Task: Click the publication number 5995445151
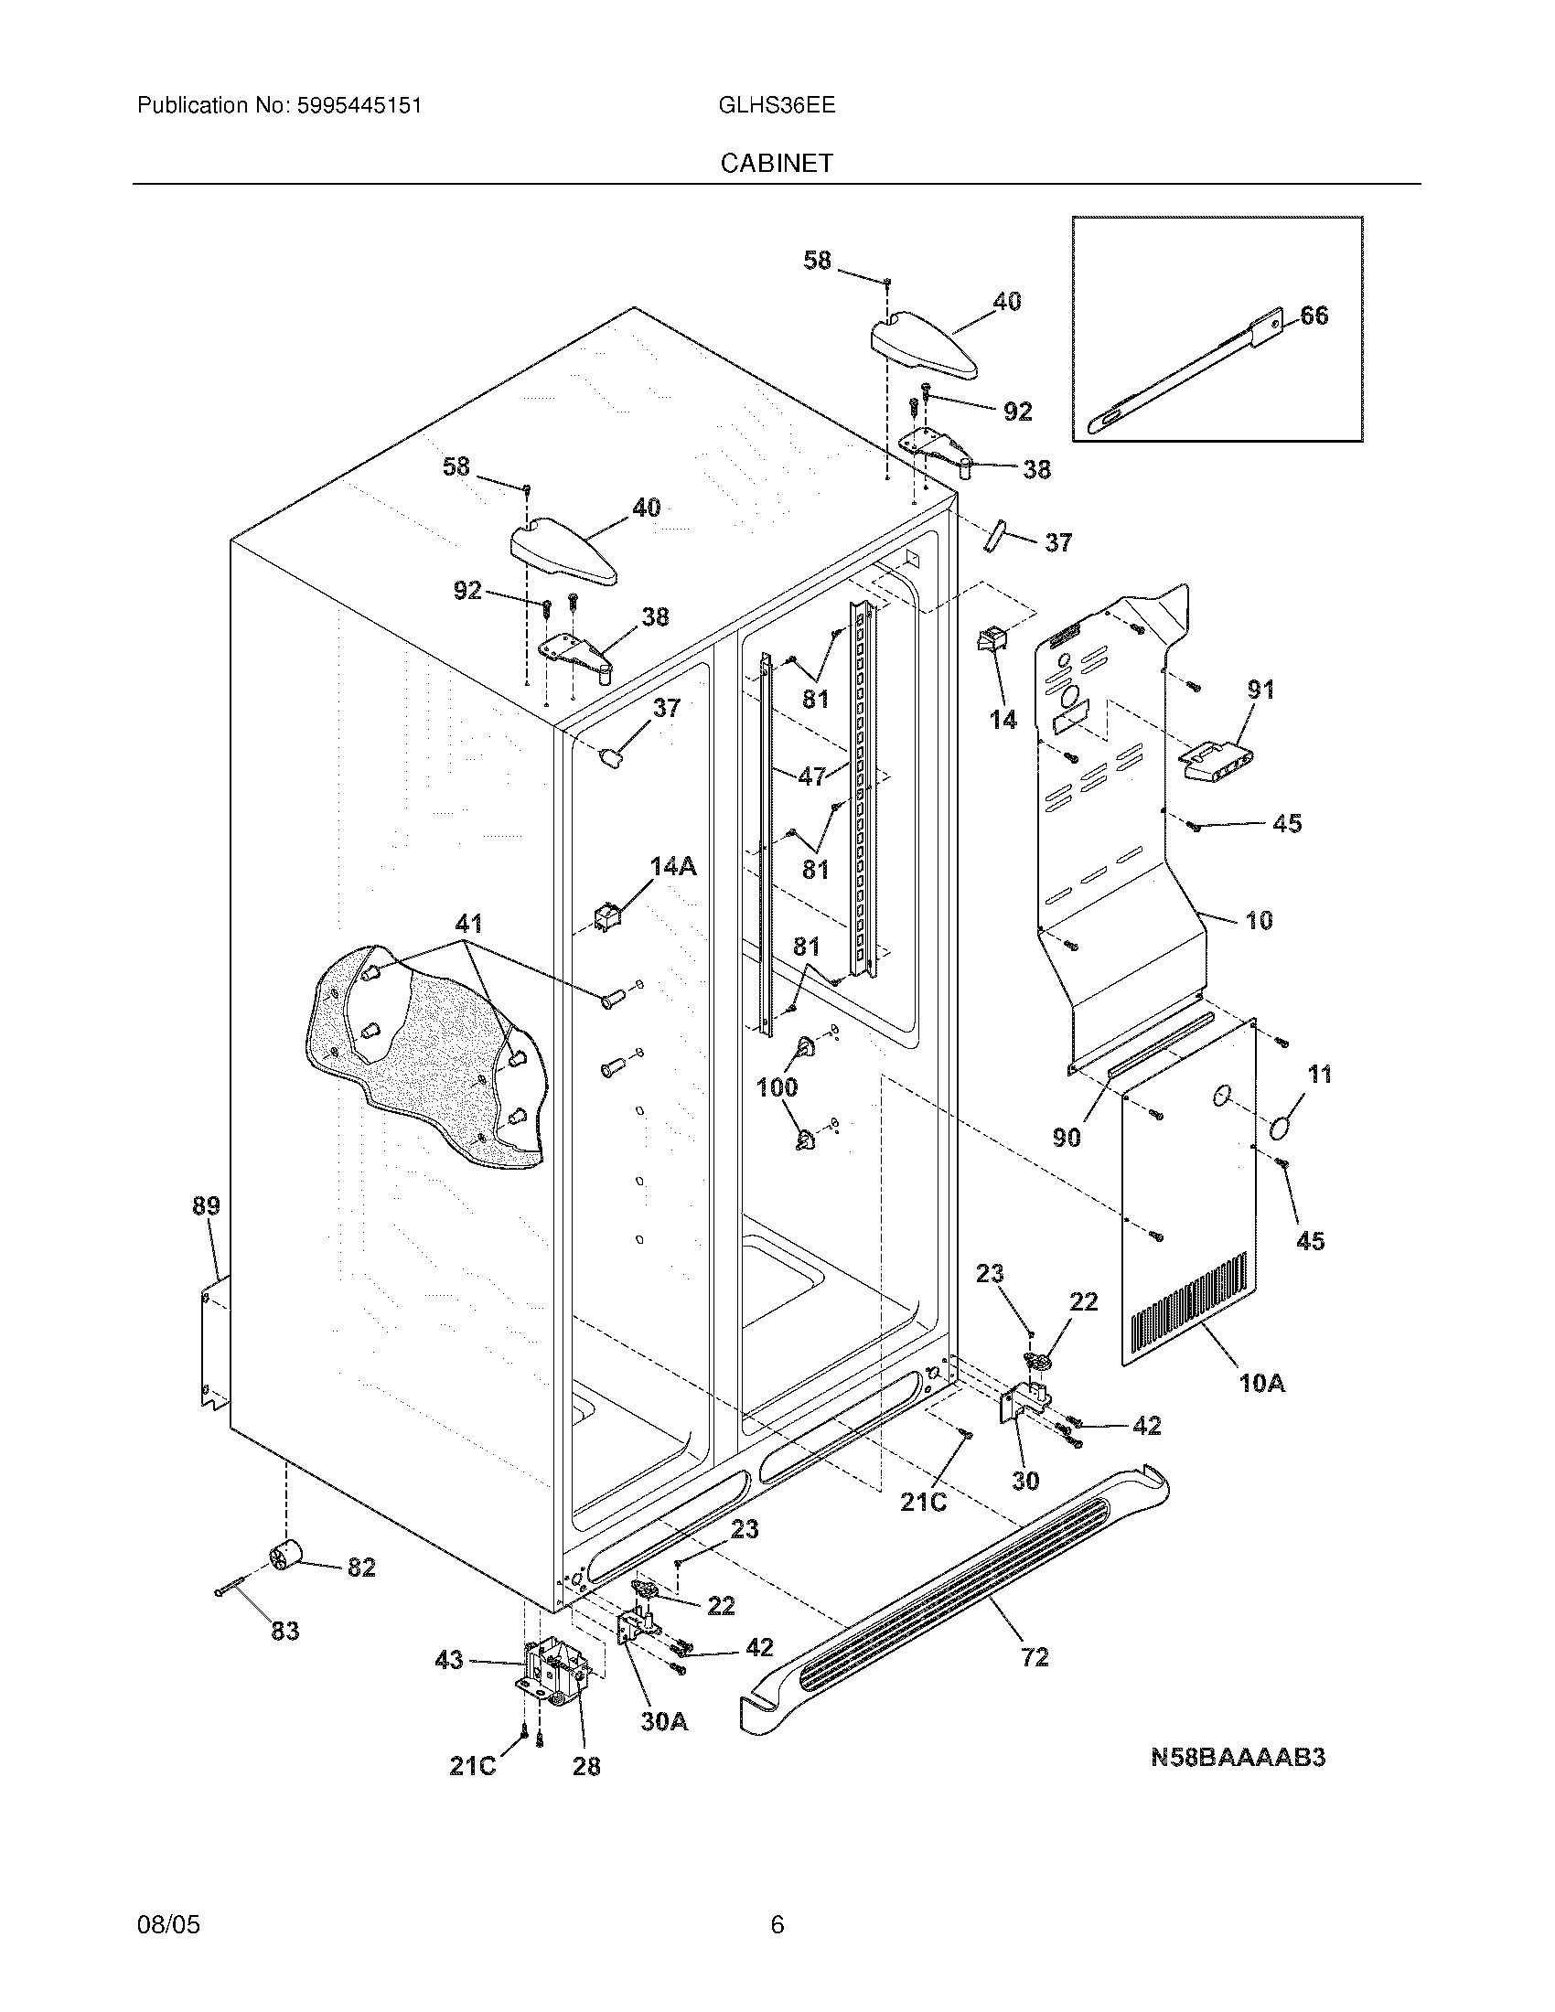pyautogui.click(x=359, y=106)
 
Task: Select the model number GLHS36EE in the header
pyautogui.click(x=776, y=106)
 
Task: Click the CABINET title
pyautogui.click(x=776, y=164)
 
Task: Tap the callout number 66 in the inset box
pyautogui.click(x=1314, y=316)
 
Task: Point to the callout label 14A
pyautogui.click(x=672, y=866)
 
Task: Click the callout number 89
pyautogui.click(x=207, y=1205)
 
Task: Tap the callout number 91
pyautogui.click(x=1260, y=689)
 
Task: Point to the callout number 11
pyautogui.click(x=1320, y=1075)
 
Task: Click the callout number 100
pyautogui.click(x=777, y=1088)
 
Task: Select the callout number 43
pyautogui.click(x=448, y=1661)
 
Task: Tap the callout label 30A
pyautogui.click(x=664, y=1721)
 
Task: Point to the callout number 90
pyautogui.click(x=1066, y=1139)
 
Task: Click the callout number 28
pyautogui.click(x=586, y=1766)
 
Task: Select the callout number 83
pyautogui.click(x=284, y=1631)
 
